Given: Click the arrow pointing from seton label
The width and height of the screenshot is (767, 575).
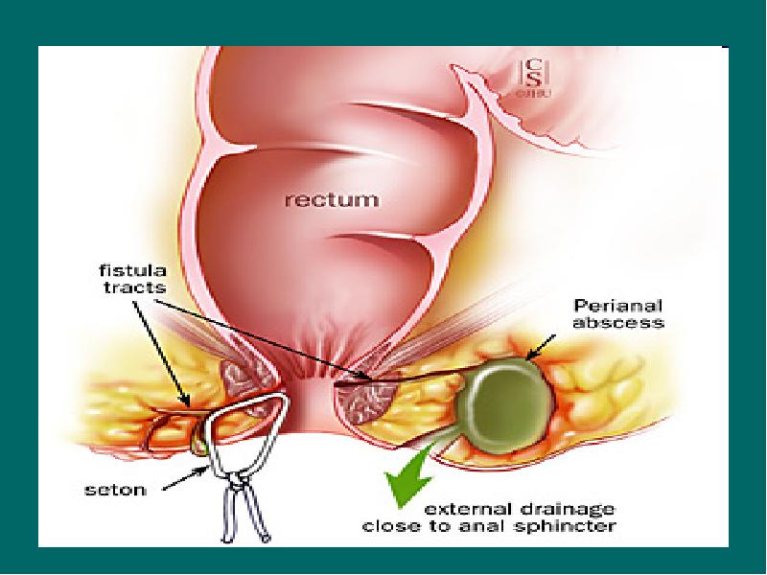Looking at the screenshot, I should coord(177,478).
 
